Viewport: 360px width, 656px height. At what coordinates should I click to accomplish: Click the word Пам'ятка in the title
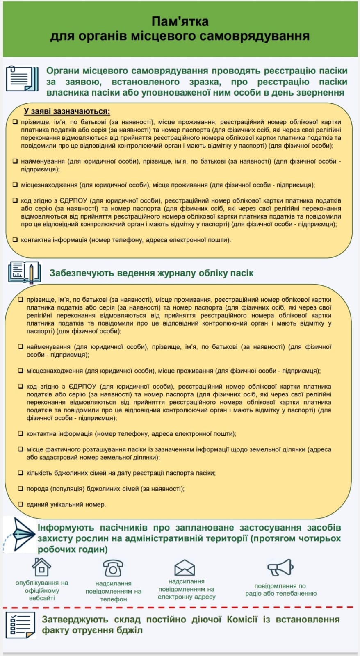point(180,21)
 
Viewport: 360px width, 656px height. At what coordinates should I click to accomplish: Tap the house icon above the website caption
point(41,567)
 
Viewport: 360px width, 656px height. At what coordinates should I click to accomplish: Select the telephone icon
point(113,568)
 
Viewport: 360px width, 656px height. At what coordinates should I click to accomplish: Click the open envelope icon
point(185,567)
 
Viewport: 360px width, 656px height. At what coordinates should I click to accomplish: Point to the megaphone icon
point(280,567)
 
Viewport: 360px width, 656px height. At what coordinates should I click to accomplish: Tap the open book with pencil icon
point(24,273)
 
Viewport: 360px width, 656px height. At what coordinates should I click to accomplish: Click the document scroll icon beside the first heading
point(22,79)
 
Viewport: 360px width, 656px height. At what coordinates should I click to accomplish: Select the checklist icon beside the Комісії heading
point(21,625)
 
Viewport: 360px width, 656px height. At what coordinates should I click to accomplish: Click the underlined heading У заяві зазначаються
point(67,111)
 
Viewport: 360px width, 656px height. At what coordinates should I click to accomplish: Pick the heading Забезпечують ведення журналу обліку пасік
point(151,273)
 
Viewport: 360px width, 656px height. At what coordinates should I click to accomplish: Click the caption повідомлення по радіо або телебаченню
point(281,590)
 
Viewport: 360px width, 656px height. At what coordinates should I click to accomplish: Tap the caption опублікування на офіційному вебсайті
point(42,590)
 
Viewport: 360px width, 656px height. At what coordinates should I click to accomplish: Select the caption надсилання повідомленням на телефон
point(113,591)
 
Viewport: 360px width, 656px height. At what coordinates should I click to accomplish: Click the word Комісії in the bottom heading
point(242,619)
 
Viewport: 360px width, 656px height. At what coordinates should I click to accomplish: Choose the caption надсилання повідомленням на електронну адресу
point(187,589)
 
